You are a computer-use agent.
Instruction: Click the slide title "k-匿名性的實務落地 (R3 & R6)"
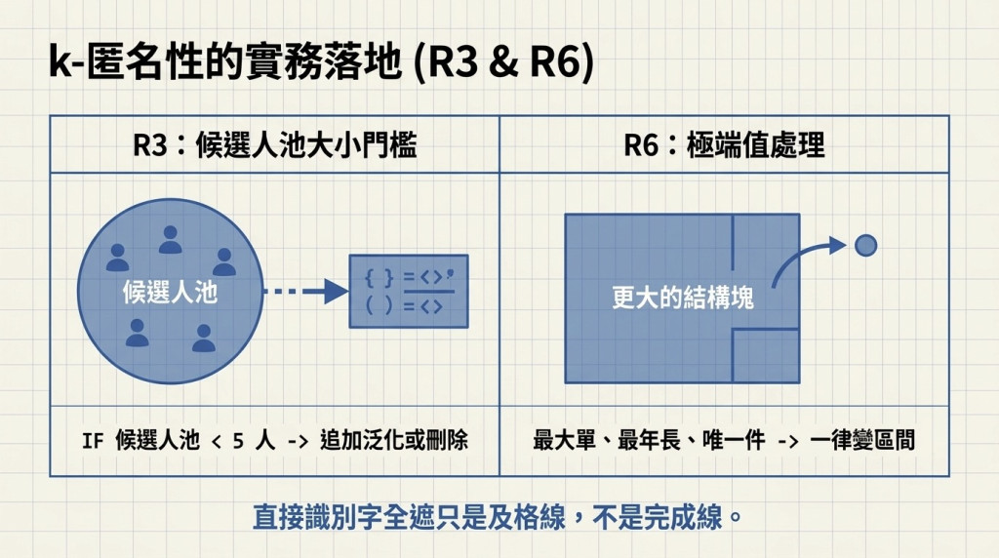pos(322,62)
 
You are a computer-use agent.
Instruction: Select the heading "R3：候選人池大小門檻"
pos(274,145)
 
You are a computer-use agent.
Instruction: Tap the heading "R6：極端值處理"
pos(724,145)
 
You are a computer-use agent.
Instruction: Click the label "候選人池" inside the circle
pos(170,293)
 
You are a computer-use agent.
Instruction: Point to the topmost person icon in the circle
pos(170,240)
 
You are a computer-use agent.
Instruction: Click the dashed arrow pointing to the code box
pos(305,292)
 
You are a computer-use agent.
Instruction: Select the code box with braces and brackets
pos(409,291)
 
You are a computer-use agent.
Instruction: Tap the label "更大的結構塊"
pos(682,298)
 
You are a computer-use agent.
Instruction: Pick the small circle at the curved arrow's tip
pos(866,245)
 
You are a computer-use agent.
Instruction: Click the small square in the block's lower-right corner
pos(766,355)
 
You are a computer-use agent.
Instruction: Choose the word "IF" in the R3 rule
pos(93,441)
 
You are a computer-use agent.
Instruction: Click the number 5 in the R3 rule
pos(238,441)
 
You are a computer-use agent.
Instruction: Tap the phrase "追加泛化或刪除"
pos(394,440)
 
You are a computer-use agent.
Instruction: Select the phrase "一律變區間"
pos(862,440)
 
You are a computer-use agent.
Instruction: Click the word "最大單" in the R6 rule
pos(564,440)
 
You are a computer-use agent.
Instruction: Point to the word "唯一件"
pos(734,440)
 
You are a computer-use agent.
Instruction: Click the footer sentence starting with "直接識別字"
pos(498,517)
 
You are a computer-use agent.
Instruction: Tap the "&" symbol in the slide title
pos(504,63)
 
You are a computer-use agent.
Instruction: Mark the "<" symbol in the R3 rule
pos(216,442)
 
